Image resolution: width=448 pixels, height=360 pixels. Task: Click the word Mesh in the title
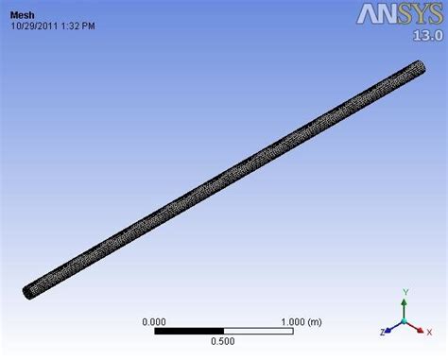(x=23, y=14)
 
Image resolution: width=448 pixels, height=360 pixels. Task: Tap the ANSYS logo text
(x=396, y=14)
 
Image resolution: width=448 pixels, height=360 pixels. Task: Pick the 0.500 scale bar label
(x=223, y=341)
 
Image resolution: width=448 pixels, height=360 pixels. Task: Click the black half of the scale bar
(x=189, y=331)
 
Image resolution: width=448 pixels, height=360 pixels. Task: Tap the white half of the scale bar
(x=257, y=331)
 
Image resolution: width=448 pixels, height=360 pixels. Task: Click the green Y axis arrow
(x=404, y=307)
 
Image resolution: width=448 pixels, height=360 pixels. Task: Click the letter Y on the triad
(x=404, y=294)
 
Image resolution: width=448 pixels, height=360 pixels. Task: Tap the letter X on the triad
(x=433, y=333)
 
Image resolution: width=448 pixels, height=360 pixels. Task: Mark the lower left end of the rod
(x=29, y=289)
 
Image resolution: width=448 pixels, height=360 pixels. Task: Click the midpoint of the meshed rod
(x=225, y=178)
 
